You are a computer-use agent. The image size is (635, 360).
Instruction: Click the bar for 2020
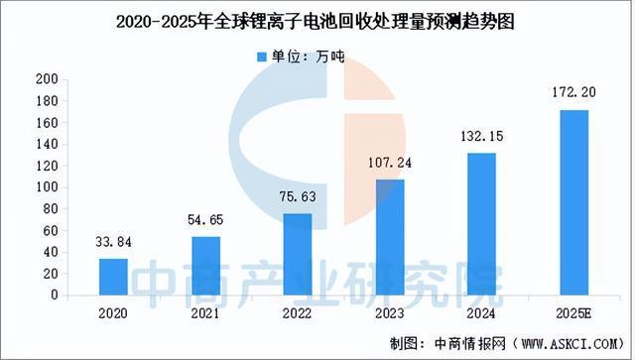click(x=114, y=277)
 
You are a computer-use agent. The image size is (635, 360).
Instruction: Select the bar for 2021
click(x=205, y=266)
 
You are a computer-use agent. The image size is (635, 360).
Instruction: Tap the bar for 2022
click(x=298, y=254)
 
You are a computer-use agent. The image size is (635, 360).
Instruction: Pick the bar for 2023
click(x=390, y=237)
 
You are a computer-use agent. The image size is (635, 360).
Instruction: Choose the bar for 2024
click(x=481, y=224)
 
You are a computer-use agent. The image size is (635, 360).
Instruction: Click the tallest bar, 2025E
click(x=573, y=202)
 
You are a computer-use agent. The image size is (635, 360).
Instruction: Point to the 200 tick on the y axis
click(x=45, y=78)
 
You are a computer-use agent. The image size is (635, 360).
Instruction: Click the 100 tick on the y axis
click(x=45, y=187)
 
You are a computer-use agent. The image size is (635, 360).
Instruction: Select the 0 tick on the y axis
click(x=52, y=296)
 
